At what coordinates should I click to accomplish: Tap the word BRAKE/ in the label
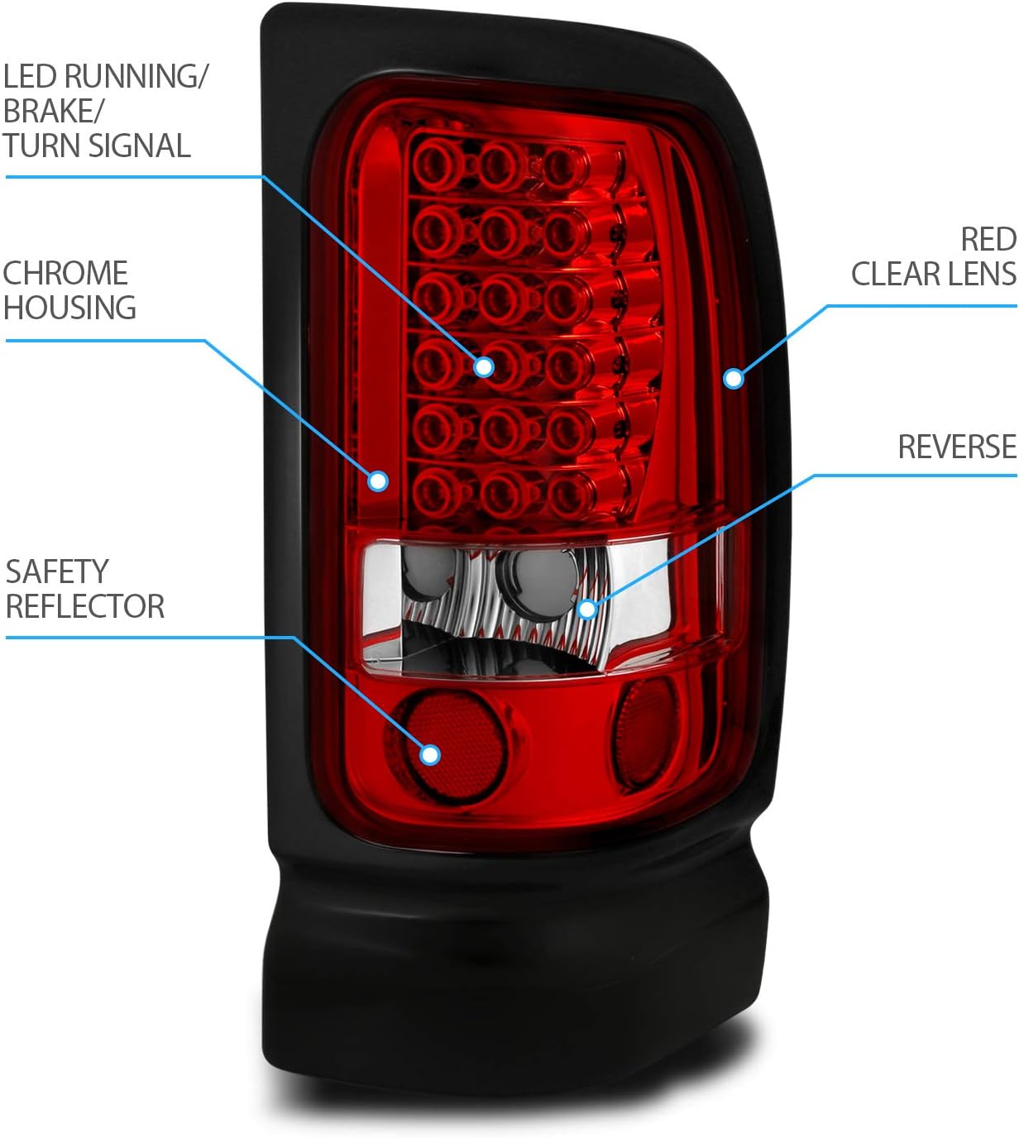(50, 111)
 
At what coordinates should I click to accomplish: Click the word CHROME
(65, 273)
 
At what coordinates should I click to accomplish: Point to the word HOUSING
(69, 308)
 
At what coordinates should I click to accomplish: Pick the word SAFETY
(57, 571)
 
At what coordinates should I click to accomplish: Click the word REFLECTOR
(84, 606)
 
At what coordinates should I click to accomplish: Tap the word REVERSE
(957, 447)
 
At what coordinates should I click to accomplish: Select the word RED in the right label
(988, 240)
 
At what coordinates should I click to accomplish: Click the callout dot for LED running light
(484, 366)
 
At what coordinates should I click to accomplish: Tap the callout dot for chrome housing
(378, 480)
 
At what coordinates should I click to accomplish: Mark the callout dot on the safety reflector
(429, 753)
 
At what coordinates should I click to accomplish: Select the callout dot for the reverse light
(587, 610)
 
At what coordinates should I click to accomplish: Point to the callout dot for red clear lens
(733, 378)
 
